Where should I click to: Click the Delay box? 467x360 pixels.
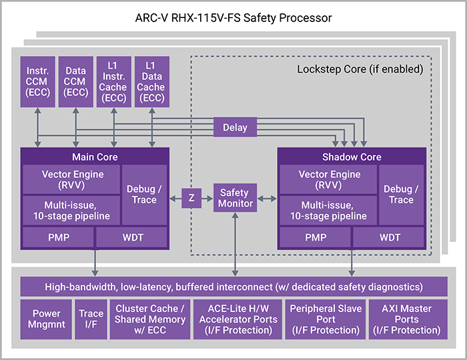click(235, 127)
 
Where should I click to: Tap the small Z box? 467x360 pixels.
click(191, 199)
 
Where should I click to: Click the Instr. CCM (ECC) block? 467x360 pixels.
click(37, 81)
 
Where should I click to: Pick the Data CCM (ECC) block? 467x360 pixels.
click(75, 81)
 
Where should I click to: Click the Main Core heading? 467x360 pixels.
click(95, 157)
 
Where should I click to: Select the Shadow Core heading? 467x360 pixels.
click(351, 157)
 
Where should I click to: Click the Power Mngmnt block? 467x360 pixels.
click(45, 319)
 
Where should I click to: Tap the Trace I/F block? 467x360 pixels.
click(91, 319)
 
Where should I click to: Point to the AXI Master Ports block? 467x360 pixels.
click(406, 319)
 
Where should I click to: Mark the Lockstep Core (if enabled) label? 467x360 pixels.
click(359, 69)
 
